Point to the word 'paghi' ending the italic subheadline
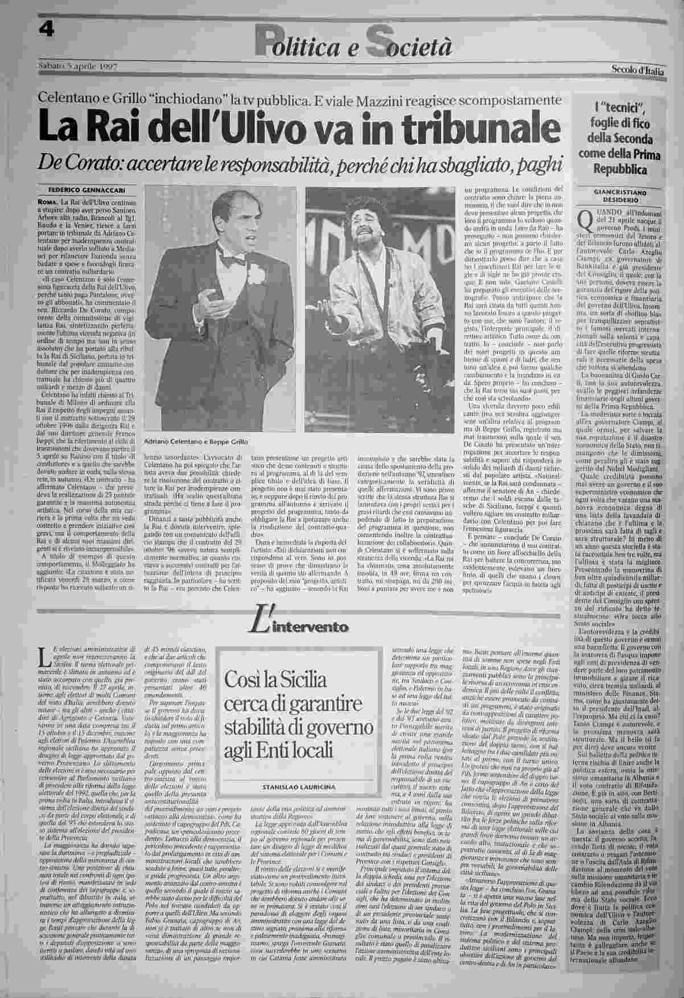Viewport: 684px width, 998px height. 537,163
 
